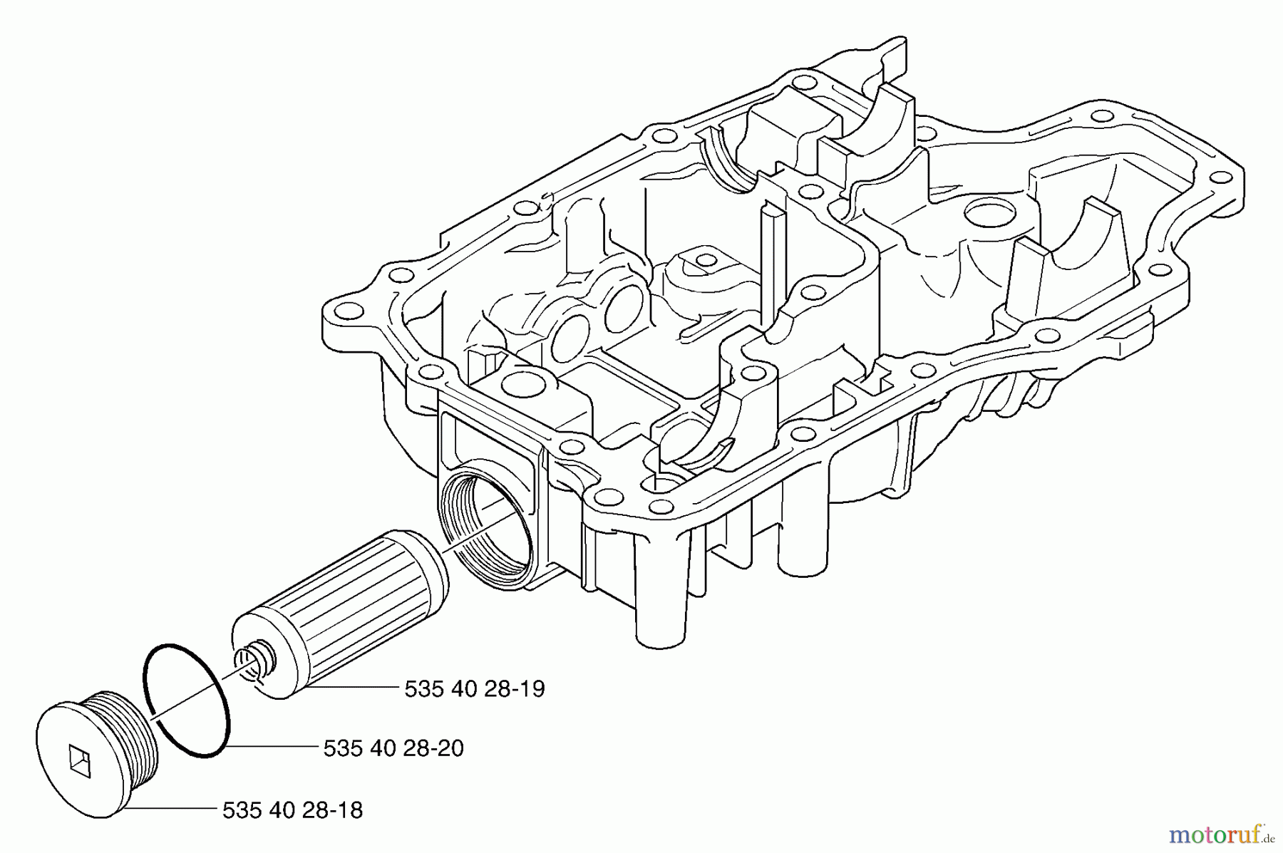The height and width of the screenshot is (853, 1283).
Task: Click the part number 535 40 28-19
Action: pyautogui.click(x=474, y=689)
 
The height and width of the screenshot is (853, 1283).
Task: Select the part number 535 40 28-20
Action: pyautogui.click(x=393, y=748)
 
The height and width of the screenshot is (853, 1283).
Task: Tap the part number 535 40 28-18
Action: pyautogui.click(x=292, y=810)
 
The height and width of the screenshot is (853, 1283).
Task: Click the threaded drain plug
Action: pyautogui.click(x=100, y=748)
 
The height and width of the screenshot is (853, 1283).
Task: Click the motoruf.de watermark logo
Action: pyautogui.click(x=1220, y=832)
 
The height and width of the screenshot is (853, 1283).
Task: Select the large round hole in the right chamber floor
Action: pyautogui.click(x=986, y=212)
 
